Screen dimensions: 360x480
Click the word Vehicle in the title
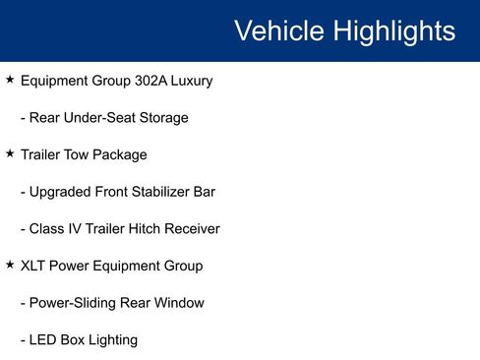279,30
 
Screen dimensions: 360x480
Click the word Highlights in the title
394,30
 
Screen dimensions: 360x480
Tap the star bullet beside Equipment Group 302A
10,80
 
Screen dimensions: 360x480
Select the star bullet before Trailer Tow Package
10,153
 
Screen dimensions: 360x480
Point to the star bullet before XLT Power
10,265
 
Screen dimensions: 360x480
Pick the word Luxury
193,81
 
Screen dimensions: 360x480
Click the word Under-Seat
102,118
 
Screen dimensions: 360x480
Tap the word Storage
163,118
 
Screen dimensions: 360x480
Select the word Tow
84,154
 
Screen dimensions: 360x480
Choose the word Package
123,154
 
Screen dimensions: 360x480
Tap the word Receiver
191,229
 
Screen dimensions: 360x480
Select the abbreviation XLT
35,266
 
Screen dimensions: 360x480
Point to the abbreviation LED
44,340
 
